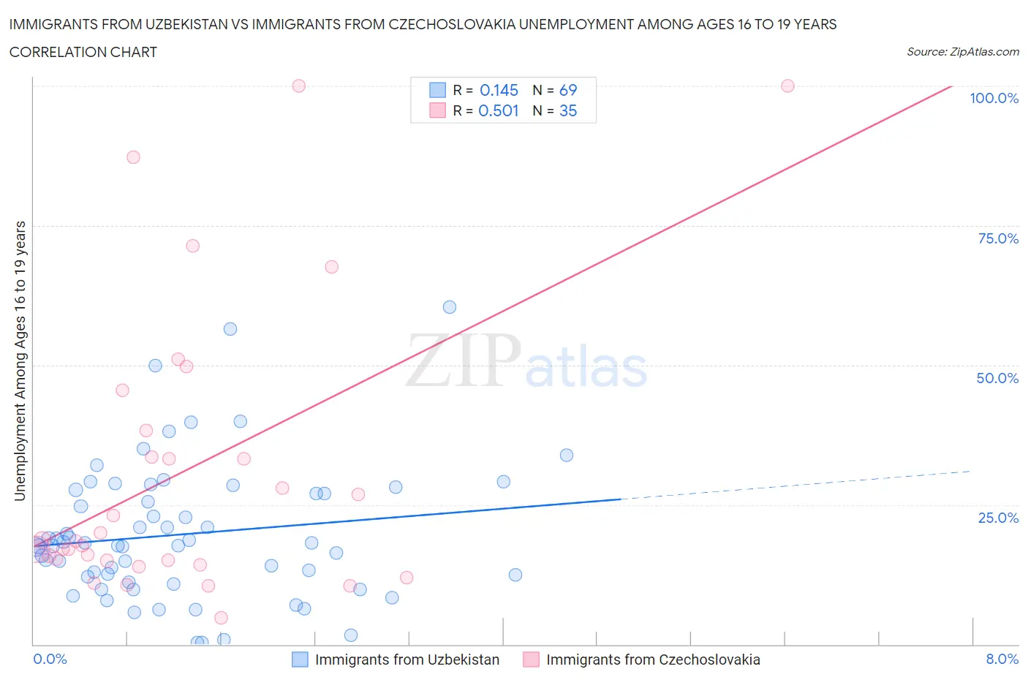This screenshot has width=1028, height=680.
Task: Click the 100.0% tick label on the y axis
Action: (994, 99)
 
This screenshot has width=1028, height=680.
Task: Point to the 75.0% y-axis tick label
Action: (998, 238)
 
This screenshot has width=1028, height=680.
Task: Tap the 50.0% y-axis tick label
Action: (997, 378)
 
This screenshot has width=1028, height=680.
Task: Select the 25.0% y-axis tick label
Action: (998, 518)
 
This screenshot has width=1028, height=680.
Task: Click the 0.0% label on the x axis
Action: (50, 659)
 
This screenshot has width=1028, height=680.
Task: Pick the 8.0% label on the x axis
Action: (1002, 659)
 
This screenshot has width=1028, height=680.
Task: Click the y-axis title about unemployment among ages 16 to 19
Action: (20, 360)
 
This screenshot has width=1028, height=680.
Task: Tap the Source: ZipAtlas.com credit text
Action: (962, 52)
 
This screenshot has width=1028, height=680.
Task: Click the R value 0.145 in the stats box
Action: (499, 90)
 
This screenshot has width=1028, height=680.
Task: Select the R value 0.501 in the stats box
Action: (498, 110)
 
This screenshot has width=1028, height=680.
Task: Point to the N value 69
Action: (568, 90)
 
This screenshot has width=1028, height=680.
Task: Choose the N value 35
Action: (568, 110)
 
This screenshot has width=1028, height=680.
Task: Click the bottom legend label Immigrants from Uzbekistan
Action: (407, 660)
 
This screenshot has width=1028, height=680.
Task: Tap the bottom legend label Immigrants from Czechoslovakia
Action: (653, 660)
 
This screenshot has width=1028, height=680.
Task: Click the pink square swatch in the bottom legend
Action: (531, 660)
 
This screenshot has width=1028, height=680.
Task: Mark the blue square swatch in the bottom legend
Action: (300, 660)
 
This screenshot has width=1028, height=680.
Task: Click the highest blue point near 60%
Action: (450, 307)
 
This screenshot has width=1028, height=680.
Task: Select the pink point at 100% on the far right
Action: (787, 86)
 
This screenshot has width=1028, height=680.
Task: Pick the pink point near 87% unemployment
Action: (133, 157)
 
